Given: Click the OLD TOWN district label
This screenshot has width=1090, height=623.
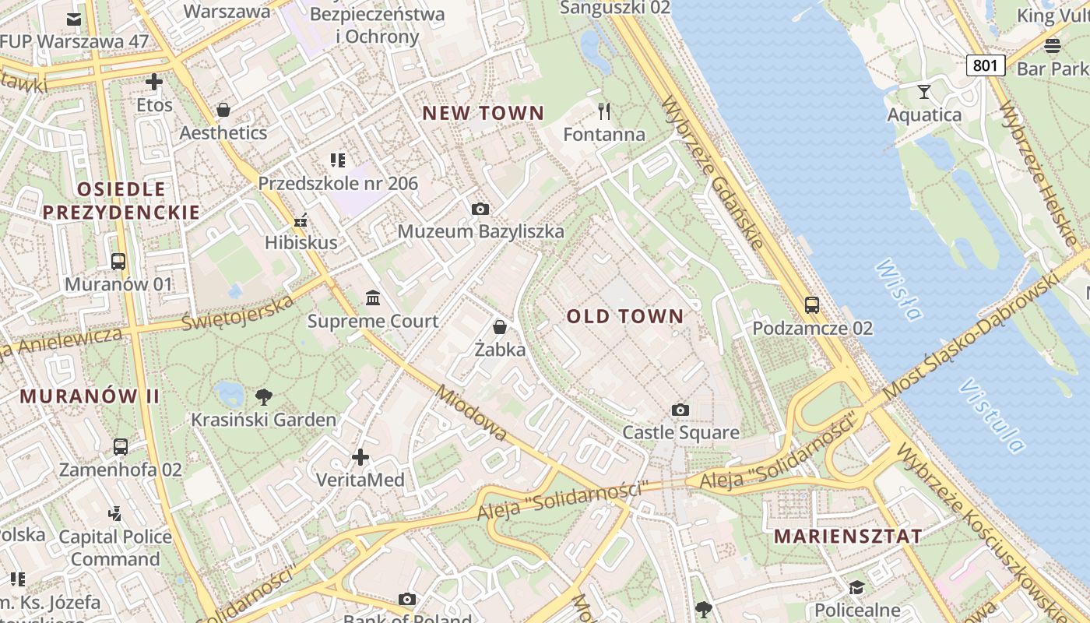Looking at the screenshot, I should pyautogui.click(x=624, y=316).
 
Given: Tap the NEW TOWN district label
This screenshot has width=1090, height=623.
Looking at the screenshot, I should pyautogui.click(x=483, y=113).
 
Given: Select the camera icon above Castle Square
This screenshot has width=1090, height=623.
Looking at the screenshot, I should pyautogui.click(x=680, y=410).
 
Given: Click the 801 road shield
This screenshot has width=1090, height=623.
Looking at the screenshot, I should pyautogui.click(x=985, y=65).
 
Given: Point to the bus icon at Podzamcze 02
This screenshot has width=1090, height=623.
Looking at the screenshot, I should pyautogui.click(x=812, y=304).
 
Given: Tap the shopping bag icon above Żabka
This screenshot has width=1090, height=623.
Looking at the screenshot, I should pyautogui.click(x=500, y=327).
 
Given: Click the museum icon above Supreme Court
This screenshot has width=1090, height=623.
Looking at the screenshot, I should pyautogui.click(x=373, y=298).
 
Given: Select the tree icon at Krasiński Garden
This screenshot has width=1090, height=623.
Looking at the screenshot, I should pyautogui.click(x=264, y=396).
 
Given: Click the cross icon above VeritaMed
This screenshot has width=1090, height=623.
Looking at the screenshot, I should pyautogui.click(x=360, y=457).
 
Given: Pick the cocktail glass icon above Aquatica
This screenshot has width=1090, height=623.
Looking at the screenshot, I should pyautogui.click(x=924, y=92).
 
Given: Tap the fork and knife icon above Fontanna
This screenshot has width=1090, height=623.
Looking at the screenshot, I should pyautogui.click(x=603, y=111).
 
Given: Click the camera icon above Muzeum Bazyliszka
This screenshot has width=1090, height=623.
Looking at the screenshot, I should pyautogui.click(x=480, y=209).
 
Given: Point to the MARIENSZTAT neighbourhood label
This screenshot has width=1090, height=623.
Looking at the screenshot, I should pyautogui.click(x=848, y=536).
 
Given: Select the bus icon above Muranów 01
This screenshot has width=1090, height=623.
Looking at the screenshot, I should pyautogui.click(x=118, y=262).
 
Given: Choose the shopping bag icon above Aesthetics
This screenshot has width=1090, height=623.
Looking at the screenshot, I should pyautogui.click(x=223, y=110).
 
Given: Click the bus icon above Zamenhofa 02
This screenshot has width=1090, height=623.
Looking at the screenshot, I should pyautogui.click(x=121, y=447).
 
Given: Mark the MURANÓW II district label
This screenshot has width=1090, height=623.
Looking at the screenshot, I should pyautogui.click(x=90, y=396).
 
